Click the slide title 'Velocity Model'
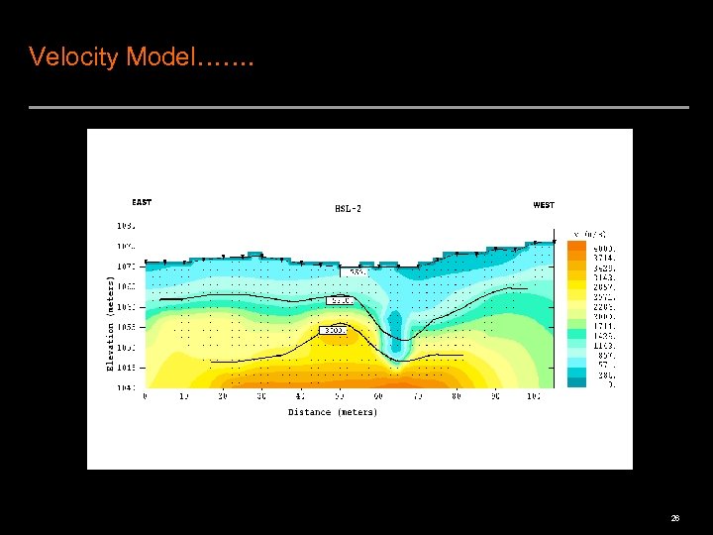coord(142,57)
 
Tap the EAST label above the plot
coord(142,202)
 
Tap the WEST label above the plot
coord(544,205)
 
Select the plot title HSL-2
coord(348,208)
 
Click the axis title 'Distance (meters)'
coord(333,412)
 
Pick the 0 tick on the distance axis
coord(146,396)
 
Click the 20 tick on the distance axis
coord(223,396)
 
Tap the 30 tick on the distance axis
coord(261,396)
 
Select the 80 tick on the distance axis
coord(456,396)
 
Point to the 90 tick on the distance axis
coord(494,396)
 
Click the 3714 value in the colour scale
coord(604,258)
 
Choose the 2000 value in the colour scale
coord(604,316)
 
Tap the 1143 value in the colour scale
coord(604,346)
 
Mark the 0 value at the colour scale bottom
coord(611,384)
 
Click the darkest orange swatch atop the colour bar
coord(576,248)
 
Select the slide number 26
coord(674,518)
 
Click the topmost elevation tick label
coord(126,226)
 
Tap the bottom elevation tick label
coord(126,387)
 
